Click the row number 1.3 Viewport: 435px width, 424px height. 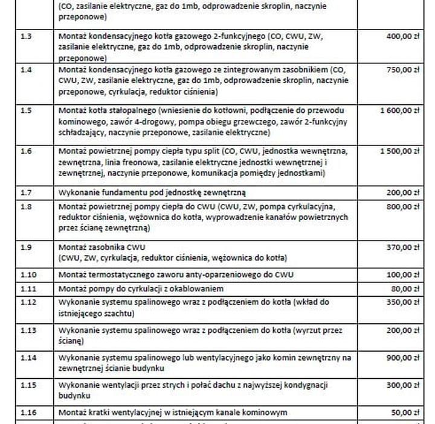point(26,36)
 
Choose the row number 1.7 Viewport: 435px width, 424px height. point(26,192)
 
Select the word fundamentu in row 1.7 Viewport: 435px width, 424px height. point(122,192)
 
